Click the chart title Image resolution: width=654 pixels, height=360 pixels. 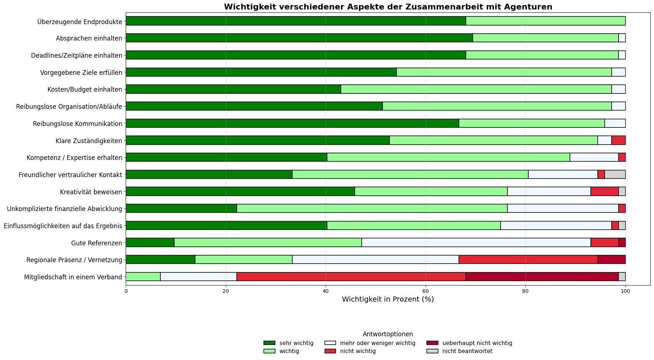[388, 7]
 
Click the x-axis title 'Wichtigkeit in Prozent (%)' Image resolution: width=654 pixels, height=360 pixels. [388, 299]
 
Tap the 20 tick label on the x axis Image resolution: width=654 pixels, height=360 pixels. [226, 291]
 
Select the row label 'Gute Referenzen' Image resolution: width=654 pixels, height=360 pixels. [96, 243]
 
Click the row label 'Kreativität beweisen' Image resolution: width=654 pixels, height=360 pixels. [91, 192]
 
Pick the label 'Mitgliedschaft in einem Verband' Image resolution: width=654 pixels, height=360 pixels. [73, 277]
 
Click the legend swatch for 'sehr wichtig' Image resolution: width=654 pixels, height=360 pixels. [269, 343]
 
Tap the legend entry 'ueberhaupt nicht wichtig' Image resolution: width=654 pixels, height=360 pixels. [477, 343]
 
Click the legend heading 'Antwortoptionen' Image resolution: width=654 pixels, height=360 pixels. [388, 334]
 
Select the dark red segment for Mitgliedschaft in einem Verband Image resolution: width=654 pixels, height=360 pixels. [542, 277]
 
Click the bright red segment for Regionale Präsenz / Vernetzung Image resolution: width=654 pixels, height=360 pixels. [528, 260]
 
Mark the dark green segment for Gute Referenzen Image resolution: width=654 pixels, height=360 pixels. [150, 242]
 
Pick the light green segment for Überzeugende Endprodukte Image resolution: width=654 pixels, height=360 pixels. [545, 21]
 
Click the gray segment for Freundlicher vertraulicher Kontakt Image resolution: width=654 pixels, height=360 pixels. [615, 174]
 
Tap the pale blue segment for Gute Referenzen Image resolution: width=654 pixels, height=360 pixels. [476, 242]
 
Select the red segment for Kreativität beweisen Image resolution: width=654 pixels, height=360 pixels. [604, 191]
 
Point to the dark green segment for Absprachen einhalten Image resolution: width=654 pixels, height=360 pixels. [299, 38]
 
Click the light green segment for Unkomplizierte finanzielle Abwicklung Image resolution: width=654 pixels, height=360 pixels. [372, 208]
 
